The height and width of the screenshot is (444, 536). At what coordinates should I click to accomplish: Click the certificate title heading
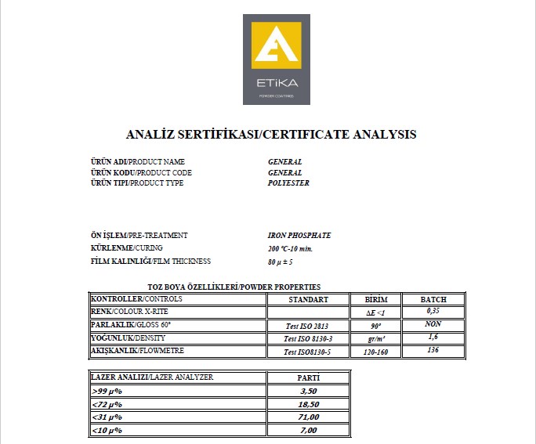[270, 134]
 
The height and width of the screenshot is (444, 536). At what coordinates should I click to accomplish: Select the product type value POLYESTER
[288, 183]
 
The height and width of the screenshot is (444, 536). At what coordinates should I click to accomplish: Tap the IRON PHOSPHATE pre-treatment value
[299, 236]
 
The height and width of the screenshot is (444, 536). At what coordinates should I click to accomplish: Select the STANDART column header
[307, 300]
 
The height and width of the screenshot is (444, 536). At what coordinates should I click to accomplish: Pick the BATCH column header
[433, 300]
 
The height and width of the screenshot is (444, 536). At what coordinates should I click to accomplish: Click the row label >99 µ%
[107, 391]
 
